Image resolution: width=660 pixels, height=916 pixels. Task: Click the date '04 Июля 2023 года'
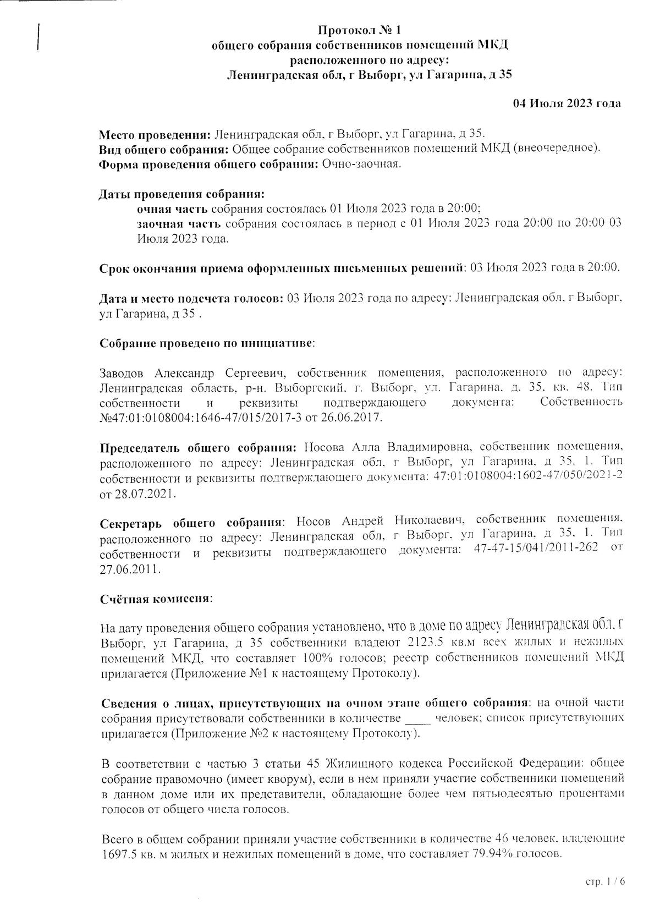coord(567,103)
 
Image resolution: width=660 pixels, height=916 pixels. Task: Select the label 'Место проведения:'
coord(154,134)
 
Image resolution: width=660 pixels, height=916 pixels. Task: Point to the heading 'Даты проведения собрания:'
coord(182,194)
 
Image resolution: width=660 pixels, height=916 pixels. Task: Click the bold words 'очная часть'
coord(172,209)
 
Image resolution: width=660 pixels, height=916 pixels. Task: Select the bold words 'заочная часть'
coord(179,224)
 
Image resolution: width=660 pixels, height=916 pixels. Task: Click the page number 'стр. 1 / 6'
coord(606,882)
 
